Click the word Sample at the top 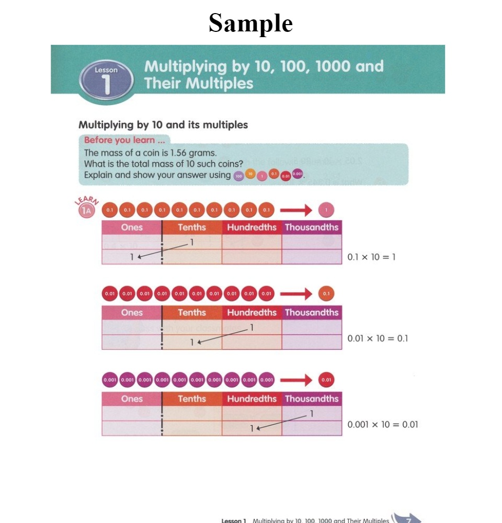250,23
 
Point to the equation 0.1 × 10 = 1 371,257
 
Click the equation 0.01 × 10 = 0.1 378,338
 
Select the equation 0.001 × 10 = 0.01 383,424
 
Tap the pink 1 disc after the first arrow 326,210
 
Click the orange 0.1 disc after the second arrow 326,294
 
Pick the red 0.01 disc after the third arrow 326,380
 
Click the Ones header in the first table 132,228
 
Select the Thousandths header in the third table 312,399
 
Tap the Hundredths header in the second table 252,313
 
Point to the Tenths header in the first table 192,228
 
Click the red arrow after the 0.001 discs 296,380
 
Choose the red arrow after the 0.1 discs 296,210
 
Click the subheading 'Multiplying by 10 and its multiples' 163,125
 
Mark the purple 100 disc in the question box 238,176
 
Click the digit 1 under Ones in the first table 133,257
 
